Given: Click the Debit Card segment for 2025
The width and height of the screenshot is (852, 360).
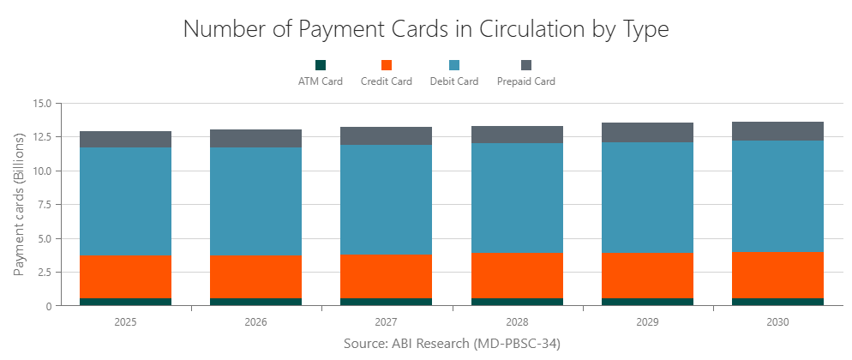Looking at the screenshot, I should (x=125, y=201).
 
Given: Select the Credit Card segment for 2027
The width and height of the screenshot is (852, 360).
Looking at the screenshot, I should (x=386, y=277).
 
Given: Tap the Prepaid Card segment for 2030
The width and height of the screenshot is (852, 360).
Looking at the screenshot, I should (x=777, y=131).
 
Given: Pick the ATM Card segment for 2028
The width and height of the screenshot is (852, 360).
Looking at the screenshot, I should (x=517, y=302).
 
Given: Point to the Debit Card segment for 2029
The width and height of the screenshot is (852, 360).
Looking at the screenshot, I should (x=647, y=198).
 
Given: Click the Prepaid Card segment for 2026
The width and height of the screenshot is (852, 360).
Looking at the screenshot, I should (x=255, y=139).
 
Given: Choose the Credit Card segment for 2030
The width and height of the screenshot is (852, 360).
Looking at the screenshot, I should (x=777, y=275).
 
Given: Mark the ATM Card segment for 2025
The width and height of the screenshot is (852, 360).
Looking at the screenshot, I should (x=125, y=302).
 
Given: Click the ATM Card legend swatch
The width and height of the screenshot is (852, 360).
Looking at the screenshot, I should (x=321, y=65).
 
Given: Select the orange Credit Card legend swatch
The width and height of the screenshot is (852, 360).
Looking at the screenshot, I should (x=386, y=65).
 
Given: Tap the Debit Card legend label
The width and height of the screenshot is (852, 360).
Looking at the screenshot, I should (x=453, y=82).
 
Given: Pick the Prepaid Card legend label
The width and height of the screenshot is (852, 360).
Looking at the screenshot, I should (x=525, y=82).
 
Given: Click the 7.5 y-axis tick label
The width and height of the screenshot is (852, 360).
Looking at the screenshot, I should (x=44, y=205).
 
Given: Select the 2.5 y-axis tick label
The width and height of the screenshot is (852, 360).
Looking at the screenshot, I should (x=44, y=273).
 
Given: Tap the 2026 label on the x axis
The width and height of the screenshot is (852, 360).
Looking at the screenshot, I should (x=255, y=322).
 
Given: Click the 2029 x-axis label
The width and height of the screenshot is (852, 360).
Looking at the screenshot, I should (x=647, y=322).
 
